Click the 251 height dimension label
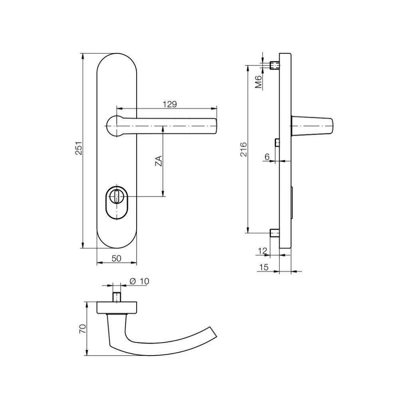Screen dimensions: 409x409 click(x=79, y=148)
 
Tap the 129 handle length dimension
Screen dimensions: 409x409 click(x=170, y=104)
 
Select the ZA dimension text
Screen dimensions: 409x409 click(x=159, y=161)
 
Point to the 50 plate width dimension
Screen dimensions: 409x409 click(x=117, y=258)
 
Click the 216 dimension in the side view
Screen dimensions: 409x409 click(x=243, y=149)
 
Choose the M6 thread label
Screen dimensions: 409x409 click(x=258, y=81)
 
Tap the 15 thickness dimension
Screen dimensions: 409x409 click(x=264, y=267)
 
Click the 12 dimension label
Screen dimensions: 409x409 click(x=263, y=251)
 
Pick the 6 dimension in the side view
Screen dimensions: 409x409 click(x=267, y=157)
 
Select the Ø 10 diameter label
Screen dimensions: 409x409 click(x=139, y=281)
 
